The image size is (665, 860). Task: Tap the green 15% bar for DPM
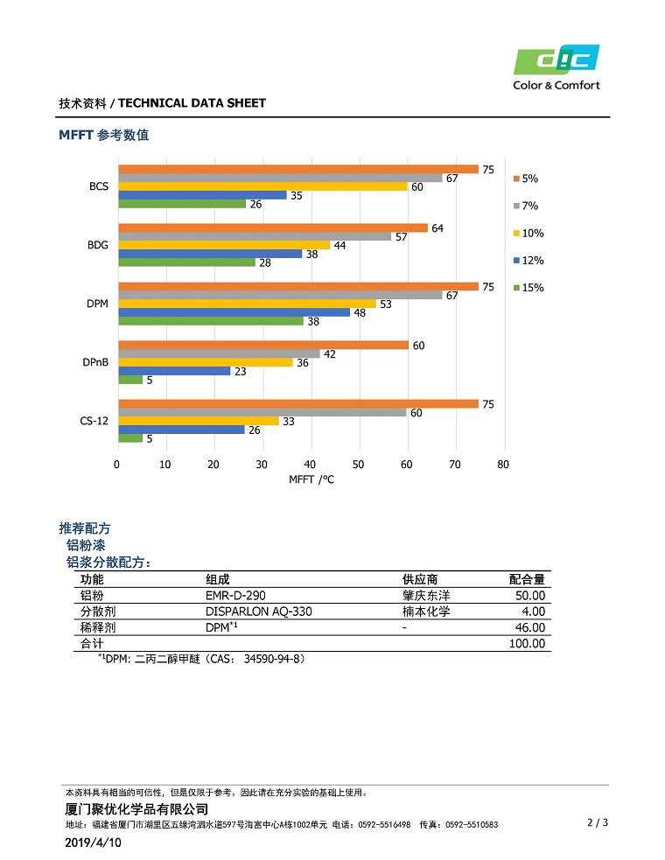[x=211, y=321]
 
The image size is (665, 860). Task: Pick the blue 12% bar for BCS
[x=202, y=195]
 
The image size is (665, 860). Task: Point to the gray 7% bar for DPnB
[x=220, y=353]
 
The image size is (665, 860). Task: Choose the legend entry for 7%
[x=528, y=206]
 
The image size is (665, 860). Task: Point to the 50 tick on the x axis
[x=359, y=464]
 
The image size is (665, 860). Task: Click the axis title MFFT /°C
[x=311, y=479]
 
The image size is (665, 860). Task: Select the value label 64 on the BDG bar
[x=437, y=228]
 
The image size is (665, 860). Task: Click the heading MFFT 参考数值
[x=103, y=135]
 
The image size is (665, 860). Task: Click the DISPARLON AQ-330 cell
[x=258, y=612]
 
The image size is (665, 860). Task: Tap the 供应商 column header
[x=420, y=579]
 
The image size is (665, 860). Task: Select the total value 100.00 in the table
[x=527, y=643]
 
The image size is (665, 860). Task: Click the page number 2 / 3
[x=597, y=822]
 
